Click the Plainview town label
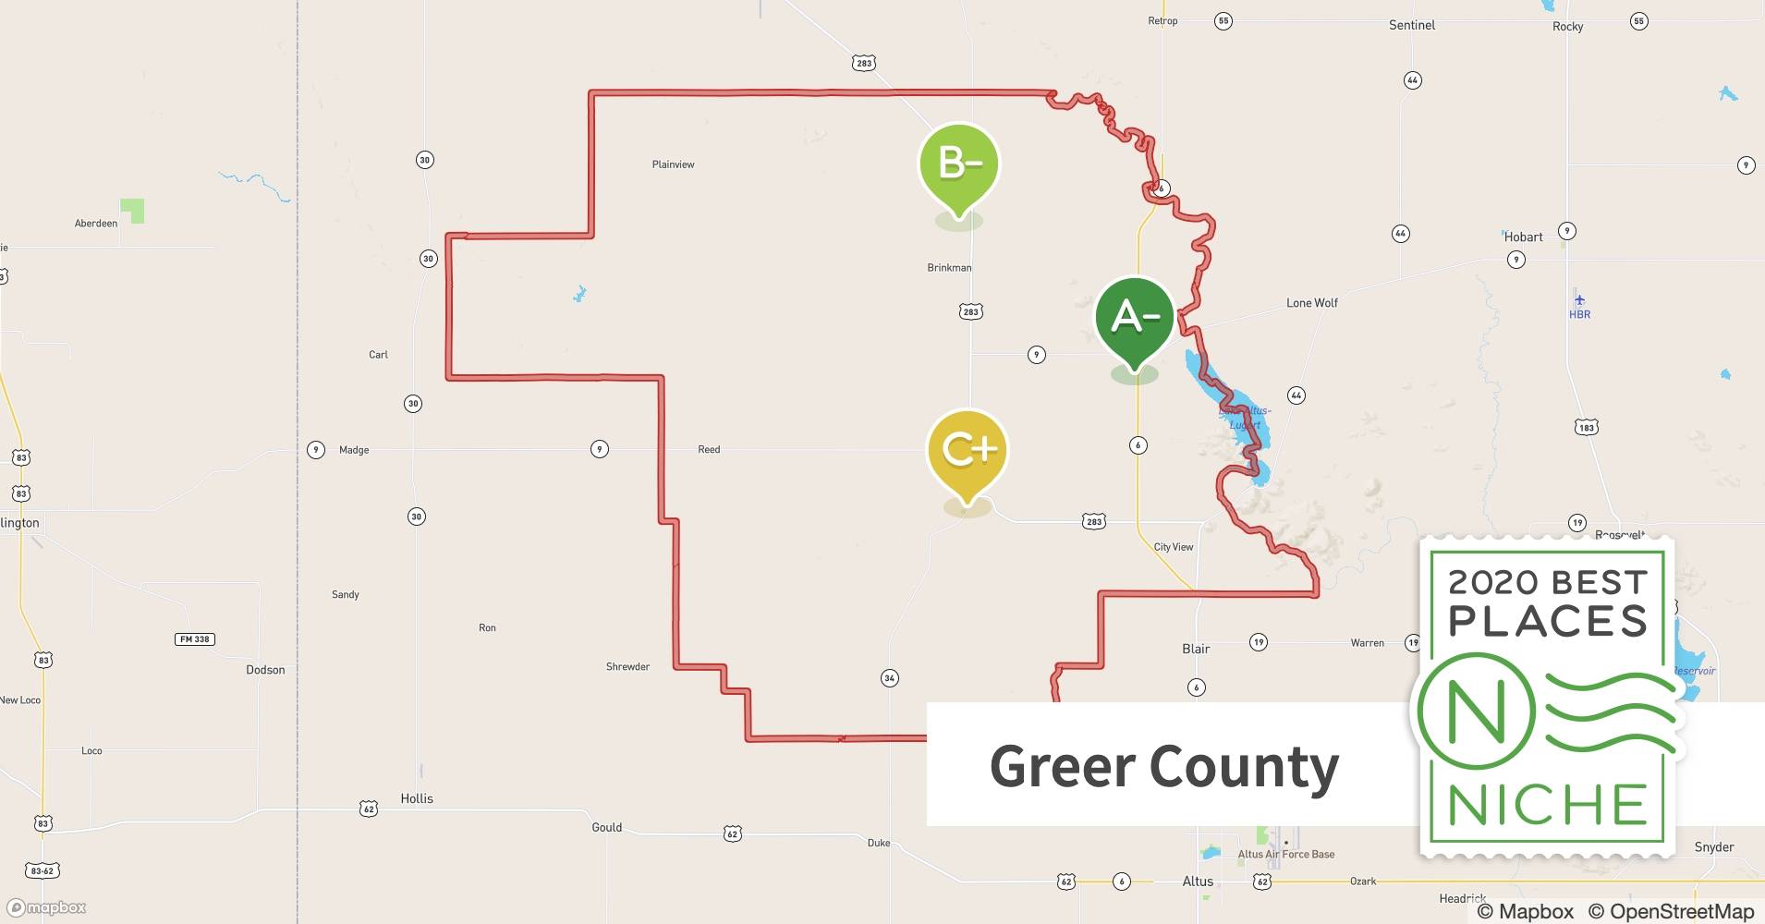pos(673,164)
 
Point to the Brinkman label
pos(949,268)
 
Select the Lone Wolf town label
pos(1311,303)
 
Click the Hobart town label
pos(1523,237)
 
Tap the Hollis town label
pos(417,798)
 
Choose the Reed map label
pos(709,450)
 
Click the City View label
pos(1174,547)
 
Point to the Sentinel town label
pos(1412,25)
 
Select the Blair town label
pos(1196,649)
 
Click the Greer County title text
pos(1163,766)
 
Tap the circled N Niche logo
pos(1476,711)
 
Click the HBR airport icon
pos(1579,299)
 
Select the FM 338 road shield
pos(194,639)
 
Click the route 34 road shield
pos(889,678)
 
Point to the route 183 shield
pos(1586,427)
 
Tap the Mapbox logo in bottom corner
pos(46,907)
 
